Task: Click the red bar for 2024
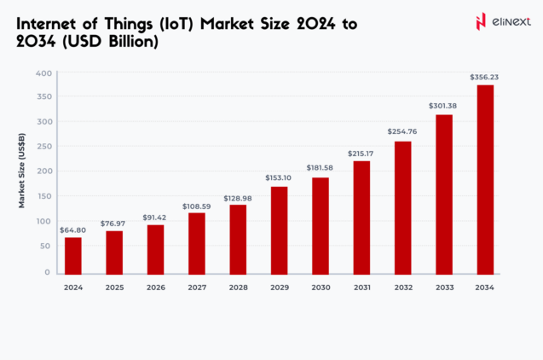[73, 255]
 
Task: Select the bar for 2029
[279, 230]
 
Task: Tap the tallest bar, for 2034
[485, 179]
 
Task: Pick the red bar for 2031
[361, 218]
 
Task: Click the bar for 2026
[155, 249]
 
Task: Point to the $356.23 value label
[484, 78]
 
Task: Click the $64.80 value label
[73, 230]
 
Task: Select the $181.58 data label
[321, 169]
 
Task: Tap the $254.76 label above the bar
[402, 132]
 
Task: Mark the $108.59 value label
[196, 206]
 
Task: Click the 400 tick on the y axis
[44, 73]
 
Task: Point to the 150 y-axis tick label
[44, 197]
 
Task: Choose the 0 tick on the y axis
[48, 272]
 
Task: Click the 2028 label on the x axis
[238, 287]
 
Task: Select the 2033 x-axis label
[443, 287]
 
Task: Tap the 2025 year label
[114, 287]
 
